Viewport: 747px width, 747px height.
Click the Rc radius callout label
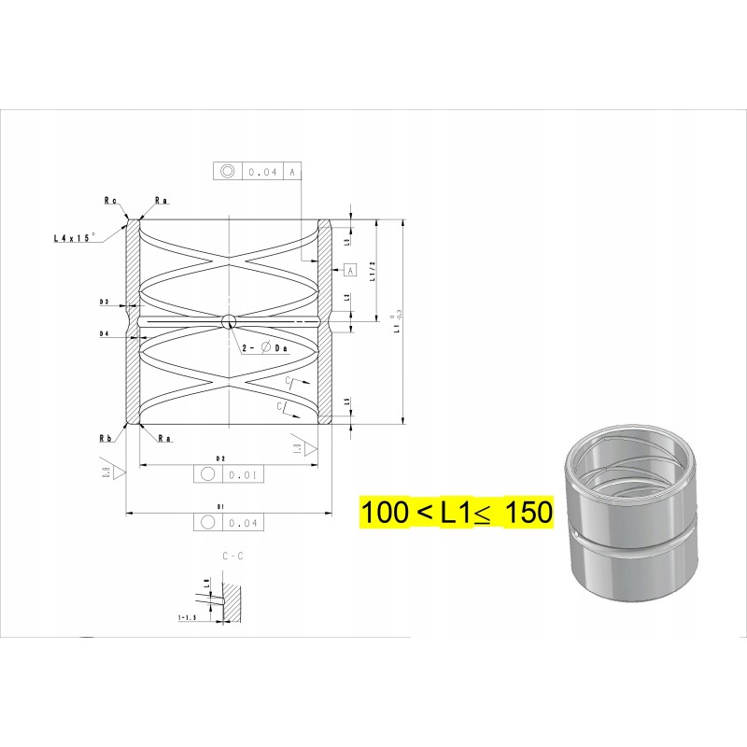click(110, 200)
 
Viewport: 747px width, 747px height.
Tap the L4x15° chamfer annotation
click(75, 239)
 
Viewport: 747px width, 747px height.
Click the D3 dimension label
click(105, 303)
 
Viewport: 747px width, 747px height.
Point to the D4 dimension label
click(105, 333)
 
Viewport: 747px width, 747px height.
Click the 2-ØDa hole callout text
click(265, 347)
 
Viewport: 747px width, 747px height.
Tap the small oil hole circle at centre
click(228, 322)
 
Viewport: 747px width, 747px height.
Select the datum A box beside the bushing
click(350, 270)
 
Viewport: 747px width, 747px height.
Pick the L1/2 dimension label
click(372, 271)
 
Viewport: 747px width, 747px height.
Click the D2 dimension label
click(221, 458)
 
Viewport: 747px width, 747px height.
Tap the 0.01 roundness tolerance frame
click(230, 474)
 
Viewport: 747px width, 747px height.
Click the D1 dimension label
click(221, 506)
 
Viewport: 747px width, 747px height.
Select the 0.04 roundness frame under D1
click(230, 522)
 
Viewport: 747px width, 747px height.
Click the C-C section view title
click(233, 556)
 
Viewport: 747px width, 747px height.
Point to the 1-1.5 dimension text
click(190, 618)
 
